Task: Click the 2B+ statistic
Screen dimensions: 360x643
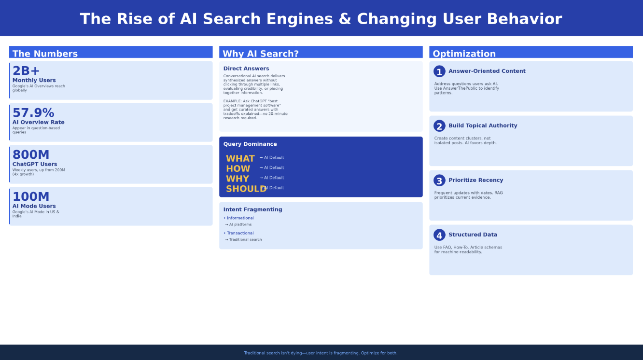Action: (26, 71)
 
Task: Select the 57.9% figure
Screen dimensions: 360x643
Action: (33, 113)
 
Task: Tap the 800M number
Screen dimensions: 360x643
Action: (31, 155)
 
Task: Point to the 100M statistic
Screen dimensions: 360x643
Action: (31, 197)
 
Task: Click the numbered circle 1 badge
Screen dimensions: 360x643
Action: (439, 71)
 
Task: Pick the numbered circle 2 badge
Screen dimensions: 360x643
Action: (439, 126)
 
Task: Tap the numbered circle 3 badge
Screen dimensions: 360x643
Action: (439, 180)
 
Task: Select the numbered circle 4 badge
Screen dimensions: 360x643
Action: (439, 235)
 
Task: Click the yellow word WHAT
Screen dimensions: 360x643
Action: (240, 159)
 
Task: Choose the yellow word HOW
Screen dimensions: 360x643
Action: (238, 169)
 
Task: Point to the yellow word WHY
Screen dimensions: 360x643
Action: (238, 179)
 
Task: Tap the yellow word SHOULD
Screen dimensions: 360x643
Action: (246, 189)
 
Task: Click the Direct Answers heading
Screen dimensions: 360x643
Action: (246, 69)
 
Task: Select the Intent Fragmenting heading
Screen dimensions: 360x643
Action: (252, 209)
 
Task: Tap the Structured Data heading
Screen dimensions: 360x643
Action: (473, 235)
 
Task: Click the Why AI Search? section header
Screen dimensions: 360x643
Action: (261, 54)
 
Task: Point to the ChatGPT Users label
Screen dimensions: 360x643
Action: (35, 164)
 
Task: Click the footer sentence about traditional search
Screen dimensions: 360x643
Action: (321, 353)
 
